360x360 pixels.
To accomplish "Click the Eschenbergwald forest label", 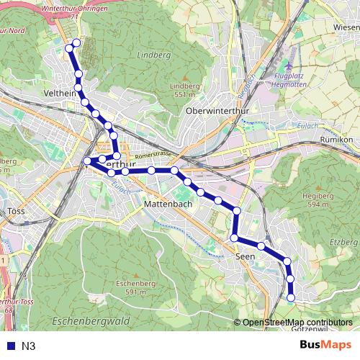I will coord(91,319).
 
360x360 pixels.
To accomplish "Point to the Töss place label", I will coord(16,212).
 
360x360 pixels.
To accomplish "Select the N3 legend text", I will coord(29,346).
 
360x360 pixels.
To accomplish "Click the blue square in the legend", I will coord(9,346).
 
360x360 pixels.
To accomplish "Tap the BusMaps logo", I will coord(325,345).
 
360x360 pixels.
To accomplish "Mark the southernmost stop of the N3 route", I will coord(291,297).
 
